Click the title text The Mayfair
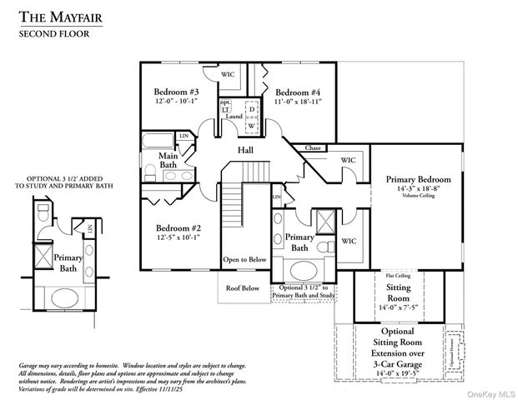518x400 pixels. (x=58, y=16)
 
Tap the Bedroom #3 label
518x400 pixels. (x=176, y=92)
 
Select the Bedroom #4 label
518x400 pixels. (x=298, y=92)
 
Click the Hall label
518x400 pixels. (x=245, y=150)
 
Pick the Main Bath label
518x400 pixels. (x=168, y=159)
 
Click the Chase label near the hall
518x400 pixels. (x=313, y=147)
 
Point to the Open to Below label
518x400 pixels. (x=244, y=259)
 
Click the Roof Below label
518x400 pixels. (x=244, y=288)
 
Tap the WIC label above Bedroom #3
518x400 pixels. (x=228, y=74)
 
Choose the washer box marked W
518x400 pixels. (x=251, y=126)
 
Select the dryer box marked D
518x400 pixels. (x=251, y=108)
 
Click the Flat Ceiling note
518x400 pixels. (x=396, y=274)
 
